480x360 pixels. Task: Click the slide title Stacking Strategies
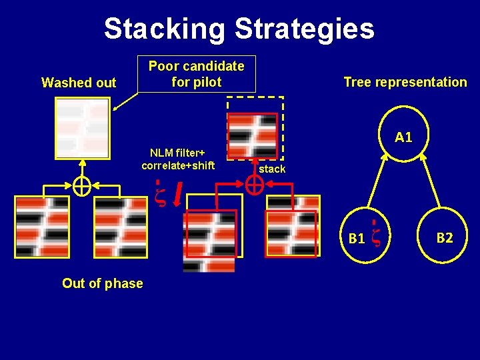pos(239,29)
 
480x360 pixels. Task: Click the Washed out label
pos(79,83)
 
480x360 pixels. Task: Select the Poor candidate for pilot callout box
pos(196,74)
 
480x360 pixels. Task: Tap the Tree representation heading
pos(405,82)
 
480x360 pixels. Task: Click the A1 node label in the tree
pos(403,138)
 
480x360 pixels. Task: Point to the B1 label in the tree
pos(357,239)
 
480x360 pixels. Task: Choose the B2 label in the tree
pos(445,237)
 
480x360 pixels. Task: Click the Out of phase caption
pos(102,283)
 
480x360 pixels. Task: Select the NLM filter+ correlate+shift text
pos(178,160)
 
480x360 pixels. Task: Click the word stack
pos(272,169)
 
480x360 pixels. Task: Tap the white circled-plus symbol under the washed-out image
pos(81,187)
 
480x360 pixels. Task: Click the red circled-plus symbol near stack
pos(254,186)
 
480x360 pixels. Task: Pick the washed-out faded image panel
pos(82,126)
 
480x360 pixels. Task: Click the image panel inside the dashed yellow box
pos(252,135)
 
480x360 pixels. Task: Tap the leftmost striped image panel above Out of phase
pos(41,227)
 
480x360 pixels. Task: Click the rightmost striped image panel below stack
pos(292,226)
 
